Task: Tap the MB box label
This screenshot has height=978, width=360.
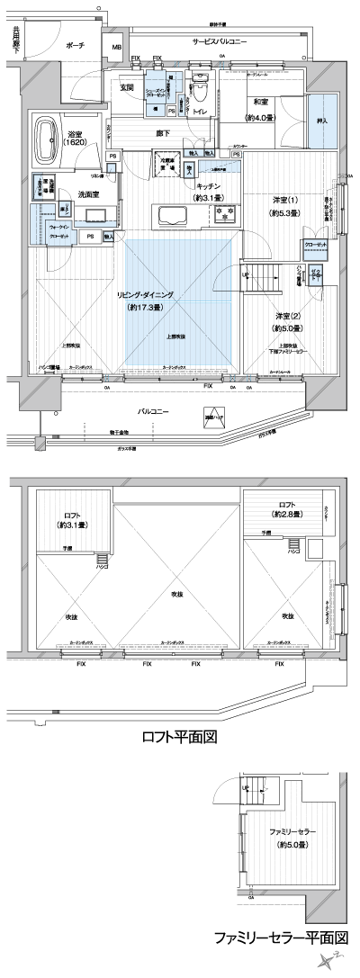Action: tap(116, 48)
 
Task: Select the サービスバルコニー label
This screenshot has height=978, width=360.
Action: tap(220, 42)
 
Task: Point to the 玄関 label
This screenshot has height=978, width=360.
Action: tap(127, 88)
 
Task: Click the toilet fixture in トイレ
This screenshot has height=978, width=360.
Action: tap(202, 93)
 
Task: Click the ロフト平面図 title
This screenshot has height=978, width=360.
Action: tap(180, 740)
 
